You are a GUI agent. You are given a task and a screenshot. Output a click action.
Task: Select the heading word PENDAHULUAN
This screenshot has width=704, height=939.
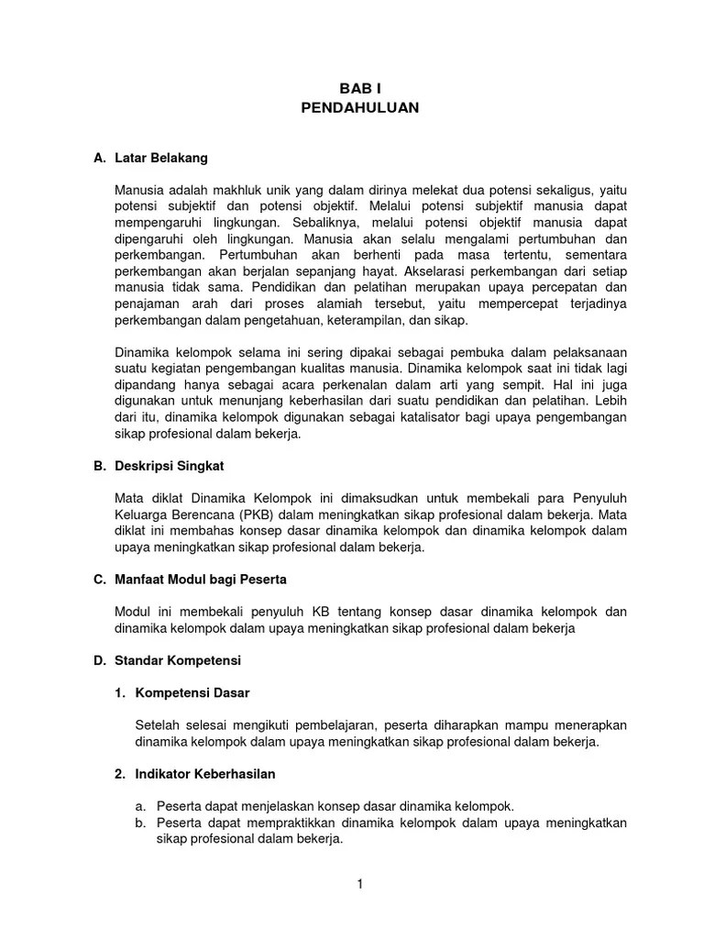pyautogui.click(x=359, y=107)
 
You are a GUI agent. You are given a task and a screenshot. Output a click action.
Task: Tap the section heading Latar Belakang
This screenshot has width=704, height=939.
pyautogui.click(x=161, y=158)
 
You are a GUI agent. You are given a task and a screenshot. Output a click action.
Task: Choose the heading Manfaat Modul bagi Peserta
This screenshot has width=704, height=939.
pyautogui.click(x=201, y=580)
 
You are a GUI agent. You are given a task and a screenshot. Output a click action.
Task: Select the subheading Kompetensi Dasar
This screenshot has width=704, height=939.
pyautogui.click(x=192, y=692)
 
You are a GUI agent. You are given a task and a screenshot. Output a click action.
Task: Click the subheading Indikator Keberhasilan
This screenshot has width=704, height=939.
pyautogui.click(x=204, y=774)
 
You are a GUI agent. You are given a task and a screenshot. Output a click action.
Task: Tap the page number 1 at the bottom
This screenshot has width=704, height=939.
pyautogui.click(x=360, y=884)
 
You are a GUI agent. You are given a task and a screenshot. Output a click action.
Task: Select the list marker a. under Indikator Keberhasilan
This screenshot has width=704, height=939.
pyautogui.click(x=140, y=806)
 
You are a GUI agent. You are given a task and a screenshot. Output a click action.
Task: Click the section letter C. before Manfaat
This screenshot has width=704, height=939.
pyautogui.click(x=100, y=580)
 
